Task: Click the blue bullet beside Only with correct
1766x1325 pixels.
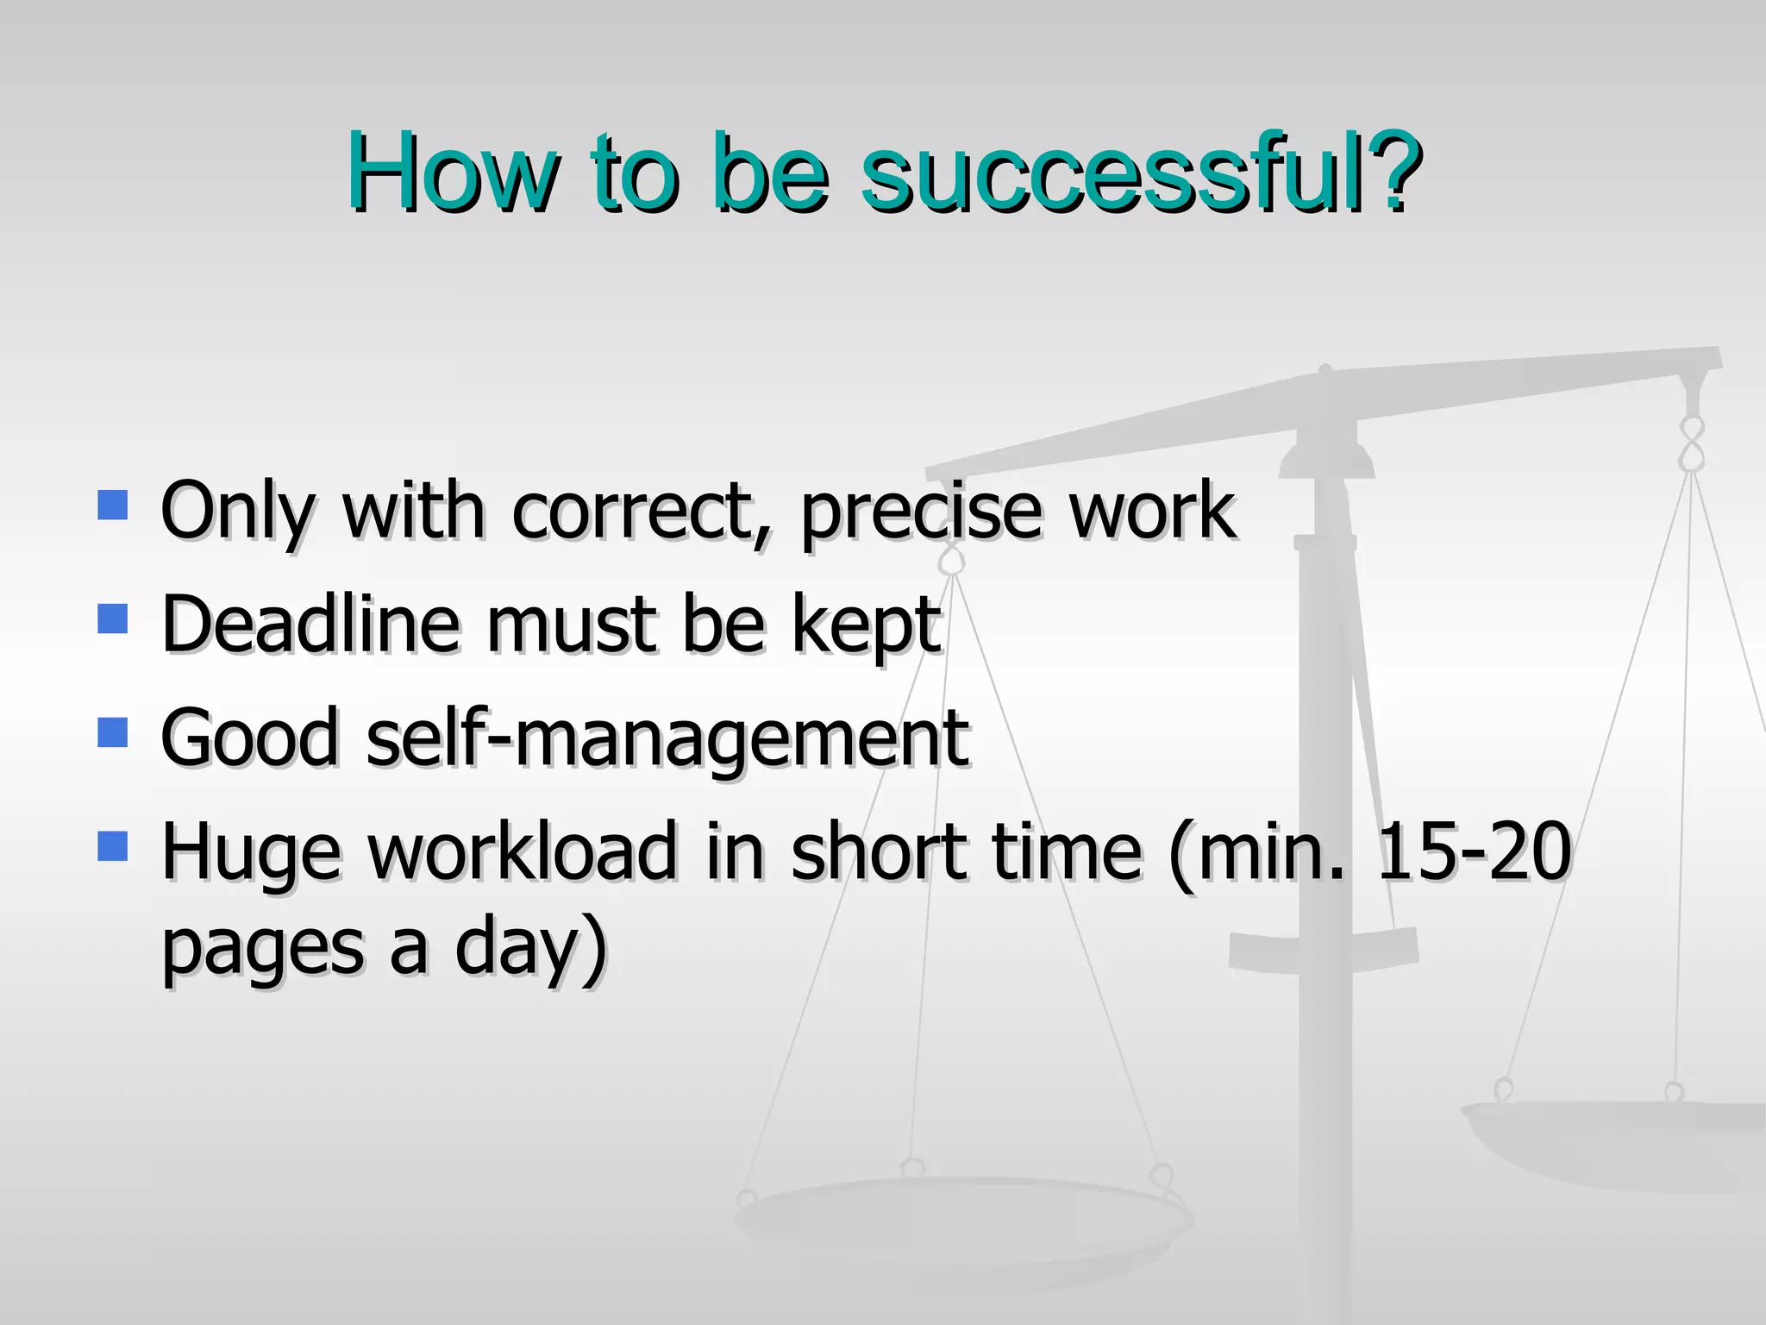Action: click(x=113, y=505)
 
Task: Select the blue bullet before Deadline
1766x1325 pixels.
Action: click(x=113, y=619)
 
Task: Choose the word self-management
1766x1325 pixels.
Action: click(x=668, y=738)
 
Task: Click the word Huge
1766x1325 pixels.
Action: click(x=251, y=854)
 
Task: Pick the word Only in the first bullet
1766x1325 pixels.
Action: click(x=237, y=512)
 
